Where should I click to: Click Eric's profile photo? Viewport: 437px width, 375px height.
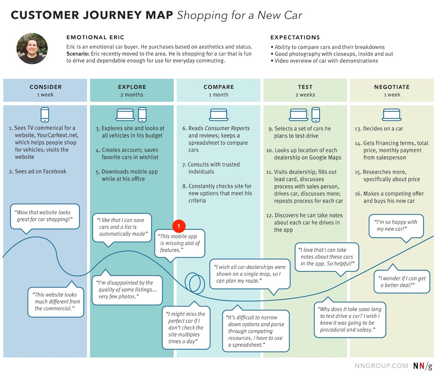coord(32,49)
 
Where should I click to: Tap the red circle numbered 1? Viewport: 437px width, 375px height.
coord(179,226)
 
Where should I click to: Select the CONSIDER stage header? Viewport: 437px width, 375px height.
coord(45,87)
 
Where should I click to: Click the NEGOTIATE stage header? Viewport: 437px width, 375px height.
coord(392,87)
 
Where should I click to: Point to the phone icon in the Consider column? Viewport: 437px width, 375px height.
coord(45,114)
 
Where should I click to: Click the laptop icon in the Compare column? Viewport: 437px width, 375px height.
coord(218,115)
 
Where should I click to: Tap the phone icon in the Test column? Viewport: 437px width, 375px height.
coord(316,114)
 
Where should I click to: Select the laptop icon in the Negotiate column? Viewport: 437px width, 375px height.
coord(392,115)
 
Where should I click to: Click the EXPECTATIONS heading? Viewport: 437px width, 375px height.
coord(295,38)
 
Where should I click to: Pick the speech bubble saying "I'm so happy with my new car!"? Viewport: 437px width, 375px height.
coord(396,226)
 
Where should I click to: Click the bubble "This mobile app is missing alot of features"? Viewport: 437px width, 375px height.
coord(180,243)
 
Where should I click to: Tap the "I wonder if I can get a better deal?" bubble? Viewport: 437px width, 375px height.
coord(402,282)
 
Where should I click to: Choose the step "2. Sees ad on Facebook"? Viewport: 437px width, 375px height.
coord(38,172)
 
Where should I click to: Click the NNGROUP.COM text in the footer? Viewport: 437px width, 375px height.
coord(381,366)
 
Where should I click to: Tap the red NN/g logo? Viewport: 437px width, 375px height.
coord(422,366)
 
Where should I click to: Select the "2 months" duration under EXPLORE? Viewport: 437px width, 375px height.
coord(132,95)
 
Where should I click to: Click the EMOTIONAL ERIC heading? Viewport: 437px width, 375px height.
coord(95,38)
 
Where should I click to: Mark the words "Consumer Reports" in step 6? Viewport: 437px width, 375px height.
coord(227,128)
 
